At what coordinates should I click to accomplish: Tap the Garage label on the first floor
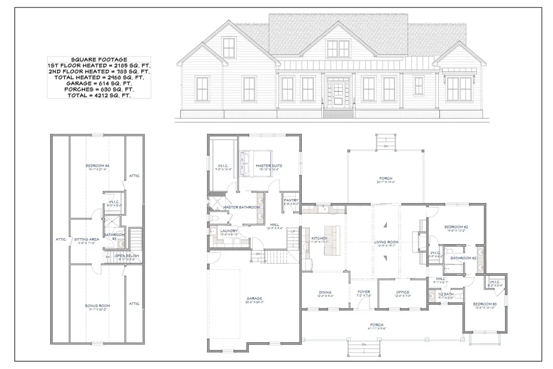point(254,298)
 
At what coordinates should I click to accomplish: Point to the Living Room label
point(386,242)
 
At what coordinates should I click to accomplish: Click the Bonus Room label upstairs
point(97,305)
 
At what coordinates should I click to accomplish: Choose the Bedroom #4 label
point(97,166)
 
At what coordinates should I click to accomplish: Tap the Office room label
point(403,292)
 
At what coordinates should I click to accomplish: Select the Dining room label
point(325,292)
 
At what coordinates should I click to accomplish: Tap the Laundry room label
point(229,231)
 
